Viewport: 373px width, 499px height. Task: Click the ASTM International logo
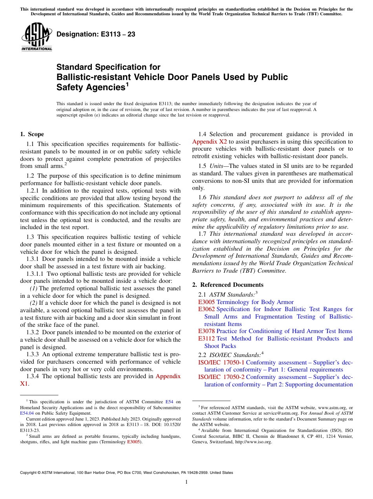(x=37, y=37)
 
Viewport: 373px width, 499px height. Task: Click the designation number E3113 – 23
(x=96, y=35)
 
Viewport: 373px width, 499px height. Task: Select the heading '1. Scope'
(x=32, y=134)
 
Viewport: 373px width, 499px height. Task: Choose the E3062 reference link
(x=207, y=310)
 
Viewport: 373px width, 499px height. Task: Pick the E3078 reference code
(x=207, y=331)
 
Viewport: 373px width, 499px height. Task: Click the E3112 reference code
(x=207, y=339)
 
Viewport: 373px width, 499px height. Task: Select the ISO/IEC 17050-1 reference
(x=221, y=362)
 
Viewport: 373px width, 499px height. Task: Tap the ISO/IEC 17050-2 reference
(x=221, y=377)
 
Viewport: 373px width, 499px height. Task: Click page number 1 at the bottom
(x=186, y=482)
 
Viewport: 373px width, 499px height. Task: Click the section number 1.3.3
(x=33, y=354)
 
